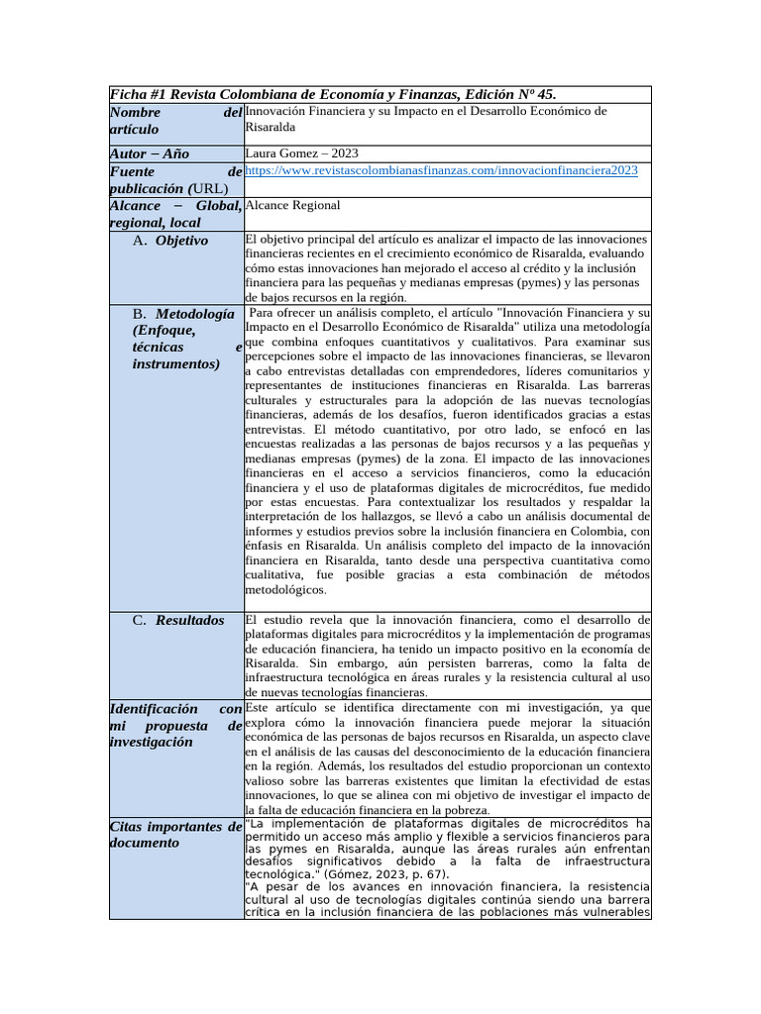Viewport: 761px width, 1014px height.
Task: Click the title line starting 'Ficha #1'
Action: (x=332, y=94)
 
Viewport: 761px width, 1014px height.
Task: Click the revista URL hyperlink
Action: (x=441, y=170)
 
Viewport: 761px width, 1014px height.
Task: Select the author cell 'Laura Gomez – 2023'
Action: (x=301, y=153)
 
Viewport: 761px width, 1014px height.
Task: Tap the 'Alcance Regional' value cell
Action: (x=292, y=205)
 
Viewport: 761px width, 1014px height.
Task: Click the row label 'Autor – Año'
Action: (x=150, y=153)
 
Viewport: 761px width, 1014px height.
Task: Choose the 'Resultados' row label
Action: (x=189, y=620)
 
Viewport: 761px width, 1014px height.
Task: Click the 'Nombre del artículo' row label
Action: (x=174, y=121)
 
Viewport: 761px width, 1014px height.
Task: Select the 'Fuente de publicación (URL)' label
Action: (x=174, y=179)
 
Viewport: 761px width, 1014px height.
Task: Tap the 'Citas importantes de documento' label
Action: (x=174, y=834)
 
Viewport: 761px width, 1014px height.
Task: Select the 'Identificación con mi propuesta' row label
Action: (x=174, y=725)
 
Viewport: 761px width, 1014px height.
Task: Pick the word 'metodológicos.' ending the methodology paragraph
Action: (x=284, y=589)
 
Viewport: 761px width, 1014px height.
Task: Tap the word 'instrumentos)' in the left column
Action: (x=176, y=363)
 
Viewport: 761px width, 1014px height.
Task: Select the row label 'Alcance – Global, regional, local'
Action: (x=174, y=214)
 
